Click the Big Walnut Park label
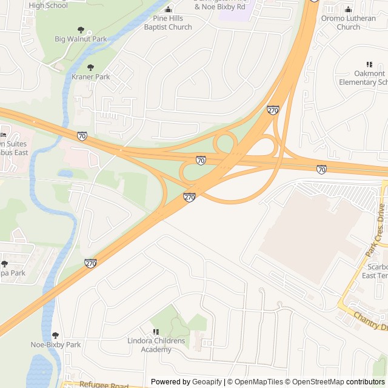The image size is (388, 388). pos(81,39)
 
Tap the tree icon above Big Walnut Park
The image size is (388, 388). pos(81,30)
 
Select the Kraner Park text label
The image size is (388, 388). pos(91,77)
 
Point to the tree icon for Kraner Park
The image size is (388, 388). pos(91,67)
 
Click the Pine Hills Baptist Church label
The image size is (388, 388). pos(168,22)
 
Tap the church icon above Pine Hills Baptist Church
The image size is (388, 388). pos(169,9)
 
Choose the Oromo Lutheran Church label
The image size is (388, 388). pos(348,22)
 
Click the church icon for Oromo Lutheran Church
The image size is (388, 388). pos(348,9)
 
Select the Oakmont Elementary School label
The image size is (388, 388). pos(363,78)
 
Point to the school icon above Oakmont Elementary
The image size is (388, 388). pos(369,64)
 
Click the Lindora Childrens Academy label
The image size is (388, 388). pos(156,345)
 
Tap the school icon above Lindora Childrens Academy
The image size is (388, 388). pos(156,332)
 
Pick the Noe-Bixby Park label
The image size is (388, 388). pos(56,345)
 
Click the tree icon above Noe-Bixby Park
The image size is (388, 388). pos(56,335)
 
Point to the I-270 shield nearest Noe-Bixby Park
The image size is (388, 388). pos(90,263)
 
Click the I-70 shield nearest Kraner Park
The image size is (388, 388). pos(82,135)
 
